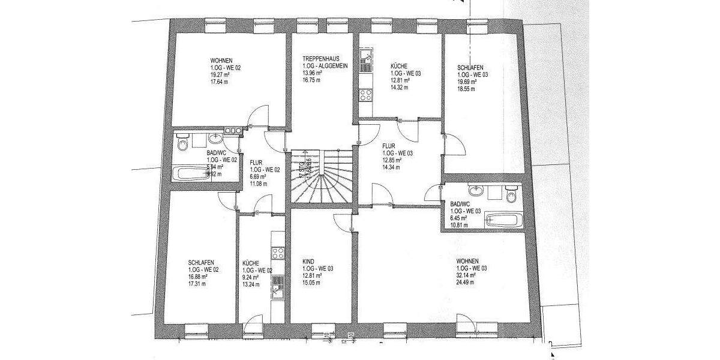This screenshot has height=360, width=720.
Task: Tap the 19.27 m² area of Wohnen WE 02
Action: [x=219, y=76]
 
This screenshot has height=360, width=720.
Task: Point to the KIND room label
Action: [x=308, y=262]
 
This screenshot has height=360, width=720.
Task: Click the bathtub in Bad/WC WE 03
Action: [x=503, y=219]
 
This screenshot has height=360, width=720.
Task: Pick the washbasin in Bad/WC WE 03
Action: [x=478, y=191]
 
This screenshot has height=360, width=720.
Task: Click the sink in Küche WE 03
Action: [x=365, y=61]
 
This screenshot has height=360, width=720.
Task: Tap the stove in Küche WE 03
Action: [x=365, y=94]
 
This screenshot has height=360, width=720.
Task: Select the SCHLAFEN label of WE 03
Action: [x=470, y=68]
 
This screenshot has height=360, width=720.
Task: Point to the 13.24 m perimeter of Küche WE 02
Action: [x=251, y=284]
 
